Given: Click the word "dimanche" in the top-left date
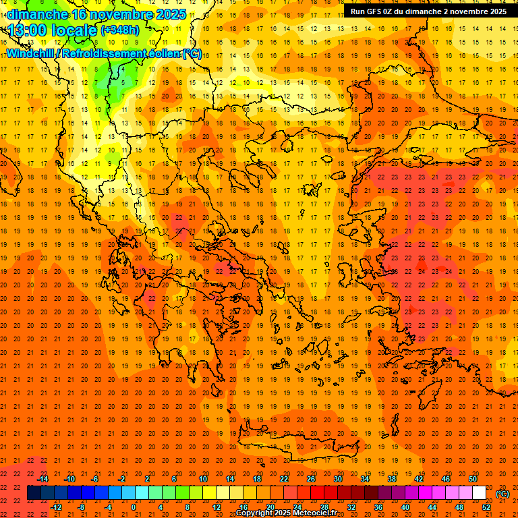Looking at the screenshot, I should [x=38, y=14].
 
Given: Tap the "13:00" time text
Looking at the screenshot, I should [x=26, y=30].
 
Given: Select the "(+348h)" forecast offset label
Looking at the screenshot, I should [x=120, y=30].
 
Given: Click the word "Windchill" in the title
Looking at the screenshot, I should [x=31, y=54].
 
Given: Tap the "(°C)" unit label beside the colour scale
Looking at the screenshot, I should [x=502, y=494].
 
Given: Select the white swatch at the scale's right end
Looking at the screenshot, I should [x=480, y=493].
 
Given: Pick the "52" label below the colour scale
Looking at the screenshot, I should [x=486, y=507].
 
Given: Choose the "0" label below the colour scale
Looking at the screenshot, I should [x=134, y=507].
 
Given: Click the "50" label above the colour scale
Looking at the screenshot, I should [x=473, y=478].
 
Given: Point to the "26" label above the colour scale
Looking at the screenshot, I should [x=311, y=478].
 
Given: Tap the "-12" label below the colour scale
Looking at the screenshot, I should [x=56, y=507].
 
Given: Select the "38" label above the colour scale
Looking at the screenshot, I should [x=392, y=478].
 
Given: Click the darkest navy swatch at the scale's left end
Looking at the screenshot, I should [x=34, y=493].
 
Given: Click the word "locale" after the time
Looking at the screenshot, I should [x=74, y=30].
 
